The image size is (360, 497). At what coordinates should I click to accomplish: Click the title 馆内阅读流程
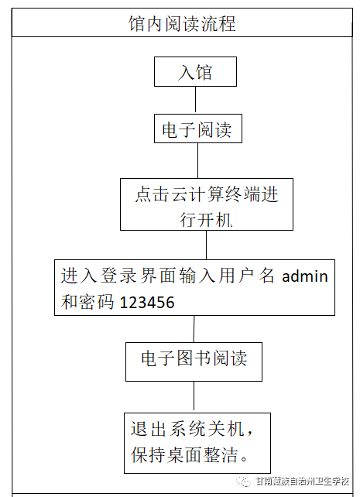pos(182,23)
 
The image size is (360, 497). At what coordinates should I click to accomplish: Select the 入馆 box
pos(195,72)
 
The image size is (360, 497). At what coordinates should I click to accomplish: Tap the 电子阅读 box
pos(198,129)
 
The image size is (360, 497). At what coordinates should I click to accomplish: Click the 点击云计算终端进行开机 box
pos(207,204)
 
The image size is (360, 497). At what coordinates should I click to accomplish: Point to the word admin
pos(304,276)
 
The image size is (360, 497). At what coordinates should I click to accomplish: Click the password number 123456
pos(147,303)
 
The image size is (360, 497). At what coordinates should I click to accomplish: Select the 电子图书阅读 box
pos(194,362)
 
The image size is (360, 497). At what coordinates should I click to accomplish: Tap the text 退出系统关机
pos(187,429)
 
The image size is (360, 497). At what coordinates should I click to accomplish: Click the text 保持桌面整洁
pos(184,455)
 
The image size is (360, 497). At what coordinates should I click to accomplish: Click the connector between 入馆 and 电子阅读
pos(195,99)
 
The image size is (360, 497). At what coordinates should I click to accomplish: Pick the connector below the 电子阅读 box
pos(197,160)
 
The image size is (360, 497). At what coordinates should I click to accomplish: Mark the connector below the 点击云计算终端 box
pos(206,245)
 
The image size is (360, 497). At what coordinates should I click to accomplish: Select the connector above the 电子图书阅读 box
pos(194,329)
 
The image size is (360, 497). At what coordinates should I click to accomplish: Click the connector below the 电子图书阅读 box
pos(194,396)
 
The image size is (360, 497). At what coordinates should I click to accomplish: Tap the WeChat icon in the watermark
pos(243,482)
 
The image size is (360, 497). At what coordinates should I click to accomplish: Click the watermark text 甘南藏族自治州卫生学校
pos(302,482)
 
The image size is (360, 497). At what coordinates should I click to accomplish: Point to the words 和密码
pos(87,302)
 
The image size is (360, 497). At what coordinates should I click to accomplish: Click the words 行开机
pos(206,219)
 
